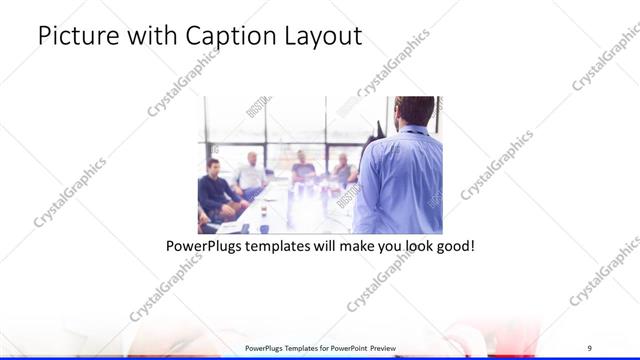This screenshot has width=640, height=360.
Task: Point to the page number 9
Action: (x=590, y=348)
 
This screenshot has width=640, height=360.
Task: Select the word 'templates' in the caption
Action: (x=279, y=244)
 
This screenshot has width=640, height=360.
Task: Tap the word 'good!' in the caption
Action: (x=453, y=244)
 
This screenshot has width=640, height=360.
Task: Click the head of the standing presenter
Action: (x=414, y=110)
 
